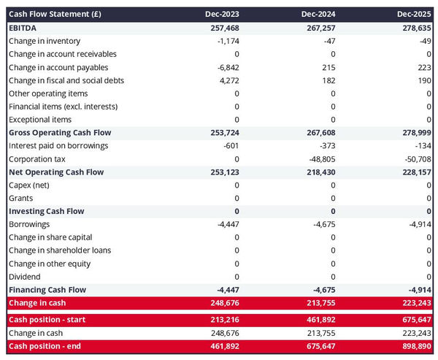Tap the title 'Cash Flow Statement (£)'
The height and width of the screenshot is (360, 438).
pyautogui.click(x=55, y=14)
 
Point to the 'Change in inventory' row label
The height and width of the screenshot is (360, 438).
pyautogui.click(x=45, y=41)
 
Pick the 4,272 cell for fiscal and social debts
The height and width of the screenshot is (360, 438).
pyautogui.click(x=228, y=80)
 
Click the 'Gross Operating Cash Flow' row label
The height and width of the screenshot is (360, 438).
pyautogui.click(x=60, y=133)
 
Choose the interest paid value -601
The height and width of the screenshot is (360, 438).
pyautogui.click(x=229, y=146)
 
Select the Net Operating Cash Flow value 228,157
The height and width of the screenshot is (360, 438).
pyautogui.click(x=412, y=172)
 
